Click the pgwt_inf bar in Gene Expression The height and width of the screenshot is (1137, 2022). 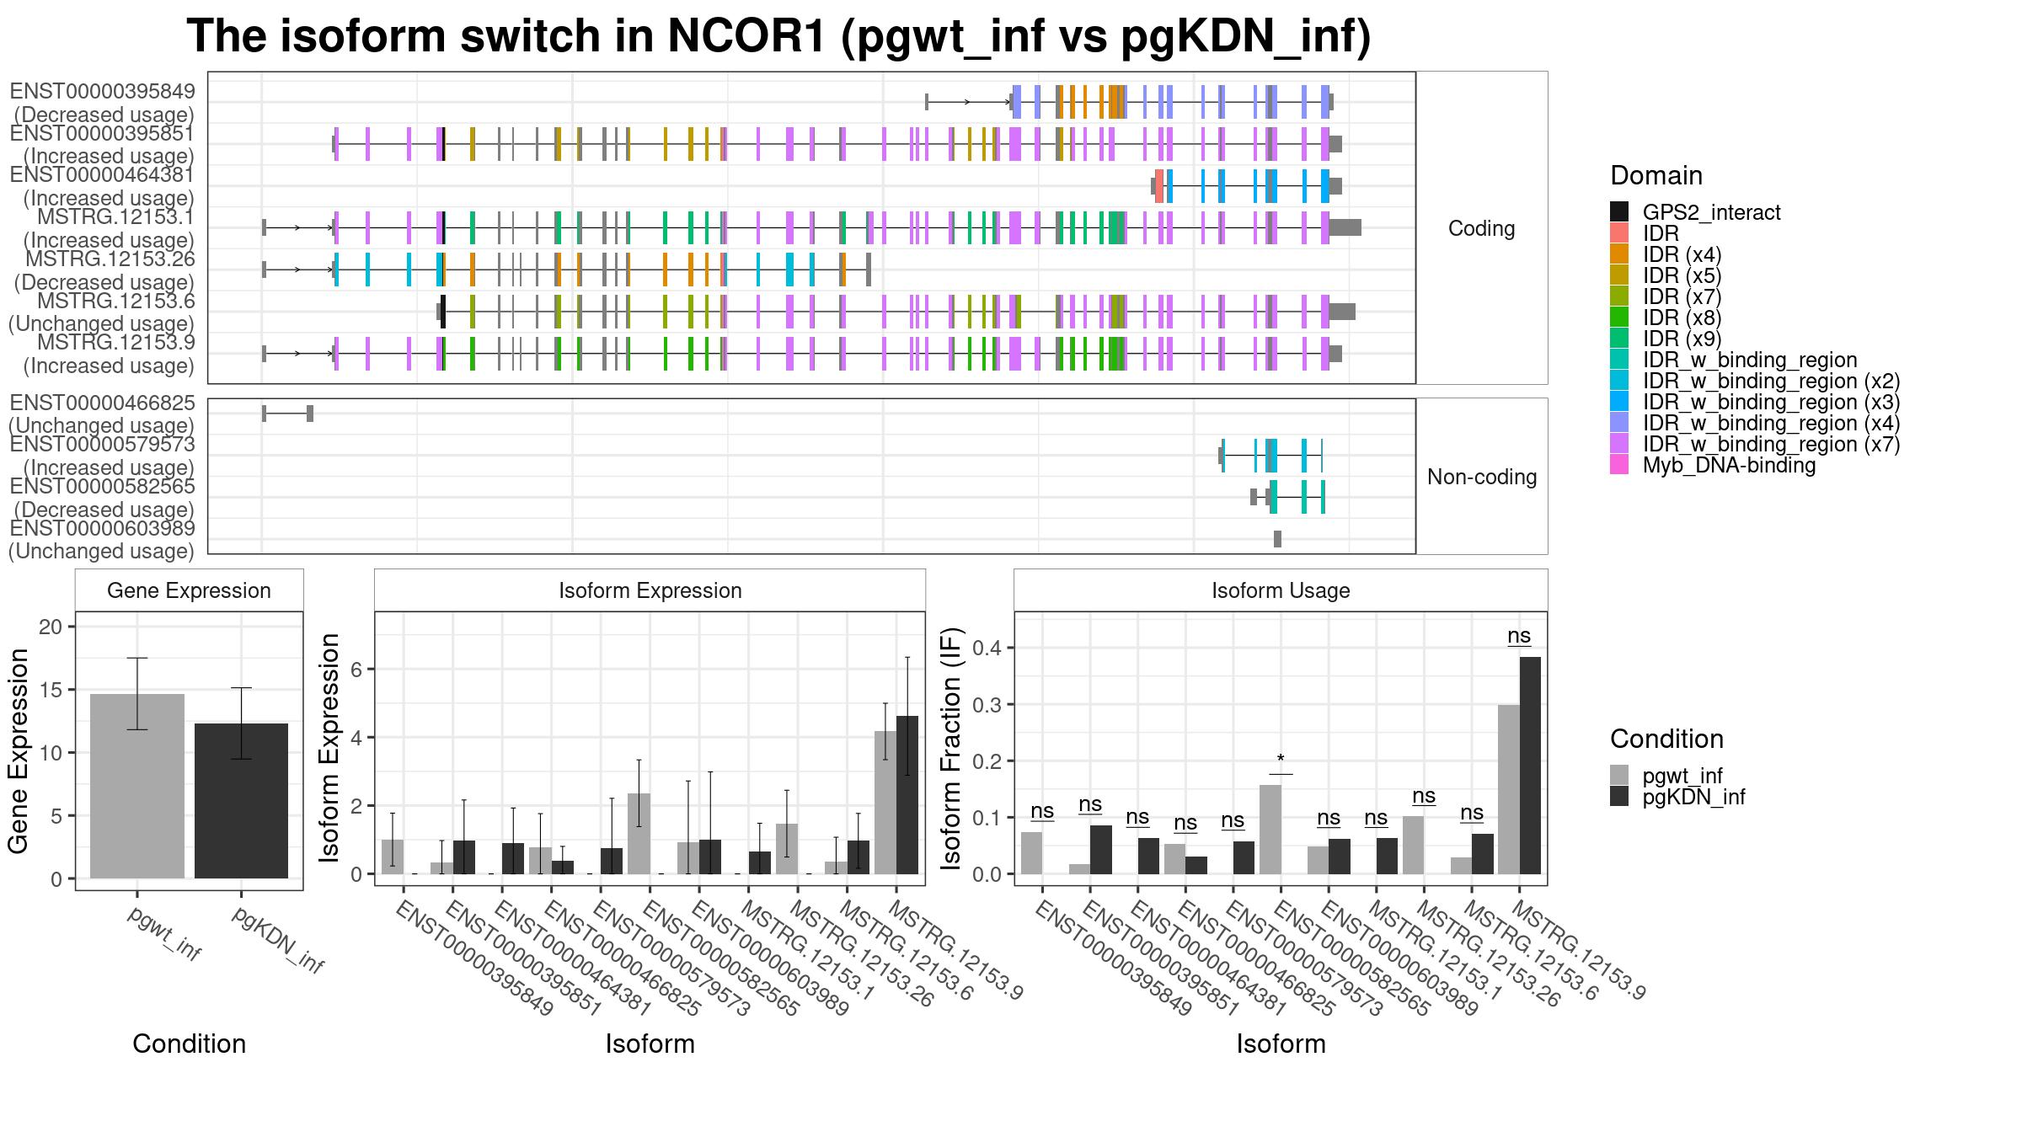pos(137,786)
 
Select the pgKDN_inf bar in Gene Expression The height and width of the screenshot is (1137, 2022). pos(241,801)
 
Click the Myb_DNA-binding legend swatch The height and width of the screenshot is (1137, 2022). pos(1619,465)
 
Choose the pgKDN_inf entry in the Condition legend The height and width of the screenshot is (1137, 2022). pos(1693,797)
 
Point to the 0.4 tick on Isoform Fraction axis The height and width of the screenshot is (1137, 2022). pos(987,648)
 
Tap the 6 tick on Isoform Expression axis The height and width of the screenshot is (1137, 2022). pos(358,670)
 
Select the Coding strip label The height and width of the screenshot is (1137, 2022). pos(1481,228)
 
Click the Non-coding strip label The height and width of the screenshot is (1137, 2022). pos(1481,477)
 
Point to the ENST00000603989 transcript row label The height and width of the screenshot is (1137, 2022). pos(102,529)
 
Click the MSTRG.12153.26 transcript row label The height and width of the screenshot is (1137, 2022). pos(110,259)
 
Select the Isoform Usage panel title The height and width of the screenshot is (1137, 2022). pos(1281,590)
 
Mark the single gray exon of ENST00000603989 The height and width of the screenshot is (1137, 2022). pos(1277,539)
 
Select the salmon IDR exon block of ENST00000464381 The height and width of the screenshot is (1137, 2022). pos(1159,185)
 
